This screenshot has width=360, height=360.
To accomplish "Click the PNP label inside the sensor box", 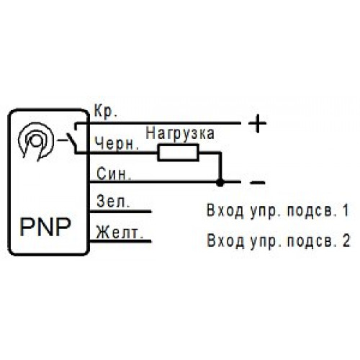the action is pos(45,227).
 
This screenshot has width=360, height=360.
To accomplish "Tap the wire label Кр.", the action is pos(106,111).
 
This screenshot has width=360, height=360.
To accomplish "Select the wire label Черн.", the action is pos(117,143).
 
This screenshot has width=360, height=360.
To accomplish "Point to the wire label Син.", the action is pos(114,174).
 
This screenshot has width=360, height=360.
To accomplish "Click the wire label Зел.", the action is pos(113,202).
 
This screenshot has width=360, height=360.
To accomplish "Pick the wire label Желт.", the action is pos(120,233).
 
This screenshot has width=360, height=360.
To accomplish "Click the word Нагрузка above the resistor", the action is pos(180,133).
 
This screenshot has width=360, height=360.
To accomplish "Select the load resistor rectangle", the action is pos(179,152).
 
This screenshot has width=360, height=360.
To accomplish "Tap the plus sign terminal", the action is pos(257,123).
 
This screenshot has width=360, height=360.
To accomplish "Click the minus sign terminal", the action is pos(258,183).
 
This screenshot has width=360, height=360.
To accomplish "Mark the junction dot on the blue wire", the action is pos(220,183).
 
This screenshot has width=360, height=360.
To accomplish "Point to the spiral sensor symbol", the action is pos(36,142).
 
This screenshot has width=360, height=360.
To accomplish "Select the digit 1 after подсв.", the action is pos(346,210).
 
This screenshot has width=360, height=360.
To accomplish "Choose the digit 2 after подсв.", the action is pos(346,240).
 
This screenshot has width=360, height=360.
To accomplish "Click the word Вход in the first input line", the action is pos(225,210).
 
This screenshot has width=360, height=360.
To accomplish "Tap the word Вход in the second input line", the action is pos(225,240).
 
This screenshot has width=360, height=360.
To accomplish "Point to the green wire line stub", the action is pos(120,212).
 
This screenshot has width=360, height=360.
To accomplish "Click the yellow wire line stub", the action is pos(120,241).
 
